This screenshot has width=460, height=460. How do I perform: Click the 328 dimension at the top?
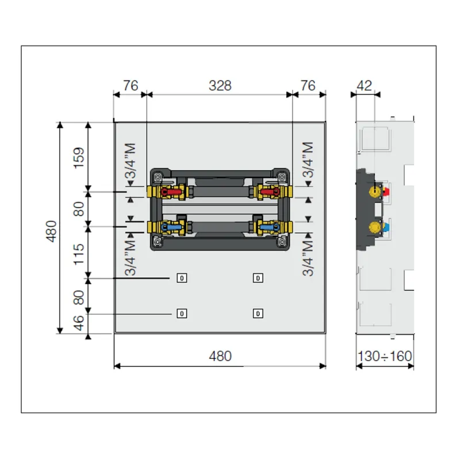click(220, 86)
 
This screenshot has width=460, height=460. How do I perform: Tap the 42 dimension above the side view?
click(365, 86)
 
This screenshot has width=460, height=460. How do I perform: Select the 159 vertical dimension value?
click(79, 158)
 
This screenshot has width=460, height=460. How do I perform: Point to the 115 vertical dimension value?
click(79, 254)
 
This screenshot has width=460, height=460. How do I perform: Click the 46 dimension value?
click(79, 323)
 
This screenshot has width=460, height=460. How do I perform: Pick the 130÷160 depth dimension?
click(385, 356)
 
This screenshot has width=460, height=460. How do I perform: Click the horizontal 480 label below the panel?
click(220, 356)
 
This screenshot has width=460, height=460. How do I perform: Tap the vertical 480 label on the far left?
click(51, 232)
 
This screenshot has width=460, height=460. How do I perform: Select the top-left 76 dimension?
click(131, 86)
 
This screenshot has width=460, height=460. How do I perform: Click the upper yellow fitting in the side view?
click(375, 191)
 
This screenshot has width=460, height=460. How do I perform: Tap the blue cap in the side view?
click(386, 227)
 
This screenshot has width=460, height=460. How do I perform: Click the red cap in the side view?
click(386, 192)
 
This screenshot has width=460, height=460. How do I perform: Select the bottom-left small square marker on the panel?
click(182, 313)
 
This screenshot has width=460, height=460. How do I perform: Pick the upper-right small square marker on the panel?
click(258, 278)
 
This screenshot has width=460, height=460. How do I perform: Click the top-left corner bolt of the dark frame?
click(158, 177)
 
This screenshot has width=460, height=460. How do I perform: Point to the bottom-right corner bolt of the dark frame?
click(282, 241)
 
